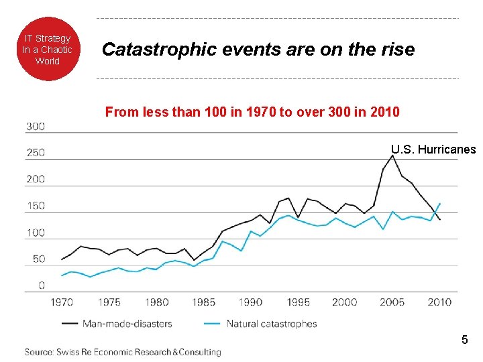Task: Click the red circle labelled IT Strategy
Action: [x=47, y=49]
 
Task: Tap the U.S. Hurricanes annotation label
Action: [x=433, y=149]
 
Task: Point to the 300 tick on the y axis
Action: [x=36, y=126]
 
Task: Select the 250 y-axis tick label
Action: [x=36, y=153]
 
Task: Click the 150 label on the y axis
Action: [x=36, y=206]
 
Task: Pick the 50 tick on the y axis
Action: [x=38, y=259]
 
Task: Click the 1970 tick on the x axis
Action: [x=62, y=302]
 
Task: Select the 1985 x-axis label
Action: [x=204, y=302]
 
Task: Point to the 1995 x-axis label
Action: [x=298, y=302]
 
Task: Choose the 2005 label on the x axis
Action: [x=392, y=302]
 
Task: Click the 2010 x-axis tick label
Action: [x=439, y=302]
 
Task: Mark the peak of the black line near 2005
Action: [x=392, y=156]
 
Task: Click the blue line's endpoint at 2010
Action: [x=440, y=203]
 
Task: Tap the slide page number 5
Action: [x=464, y=341]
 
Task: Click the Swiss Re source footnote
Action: [x=123, y=352]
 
